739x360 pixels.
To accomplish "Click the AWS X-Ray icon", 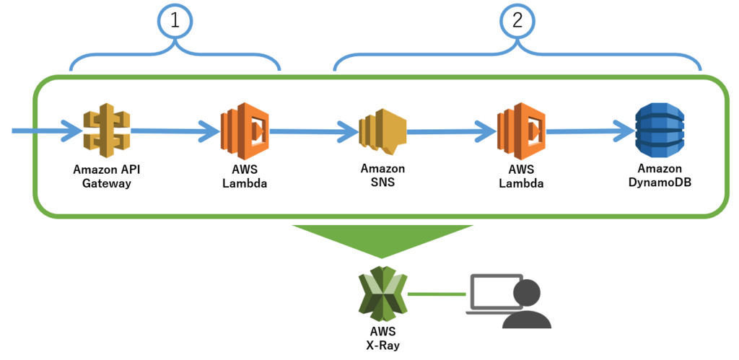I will [x=382, y=294].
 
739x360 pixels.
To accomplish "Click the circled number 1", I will [x=175, y=22].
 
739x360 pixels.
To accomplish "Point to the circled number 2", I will [x=517, y=22].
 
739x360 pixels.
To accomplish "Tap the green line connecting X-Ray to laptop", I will [x=437, y=294].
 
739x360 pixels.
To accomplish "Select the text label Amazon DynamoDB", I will [x=660, y=176].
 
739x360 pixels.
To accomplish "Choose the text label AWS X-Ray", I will [x=382, y=338].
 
